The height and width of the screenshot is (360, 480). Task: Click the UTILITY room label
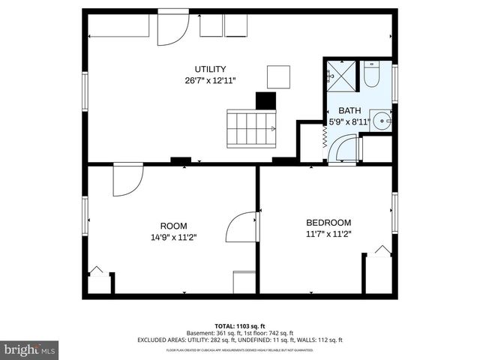pyautogui.click(x=211, y=69)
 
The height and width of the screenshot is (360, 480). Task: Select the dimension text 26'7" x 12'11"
pyautogui.click(x=211, y=80)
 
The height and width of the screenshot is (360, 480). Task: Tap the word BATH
pyautogui.click(x=349, y=110)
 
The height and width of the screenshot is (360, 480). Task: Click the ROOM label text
pyautogui.click(x=174, y=226)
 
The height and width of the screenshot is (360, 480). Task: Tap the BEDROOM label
pyautogui.click(x=328, y=222)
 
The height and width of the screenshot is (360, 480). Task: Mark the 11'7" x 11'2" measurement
pyautogui.click(x=328, y=233)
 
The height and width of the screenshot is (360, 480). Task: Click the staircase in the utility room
pyautogui.click(x=252, y=129)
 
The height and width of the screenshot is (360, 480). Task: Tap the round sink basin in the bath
pyautogui.click(x=382, y=120)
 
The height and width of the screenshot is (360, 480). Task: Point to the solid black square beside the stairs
pyautogui.click(x=265, y=101)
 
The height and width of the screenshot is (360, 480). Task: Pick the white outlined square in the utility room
pyautogui.click(x=278, y=76)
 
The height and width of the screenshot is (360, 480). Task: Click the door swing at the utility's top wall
pyautogui.click(x=172, y=28)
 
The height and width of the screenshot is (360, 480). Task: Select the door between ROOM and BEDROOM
pyautogui.click(x=244, y=226)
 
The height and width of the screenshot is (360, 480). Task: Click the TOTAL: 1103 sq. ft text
pyautogui.click(x=240, y=327)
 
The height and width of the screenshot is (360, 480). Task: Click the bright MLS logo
pyautogui.click(x=30, y=349)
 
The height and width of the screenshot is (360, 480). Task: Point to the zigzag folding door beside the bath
pyautogui.click(x=325, y=139)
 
